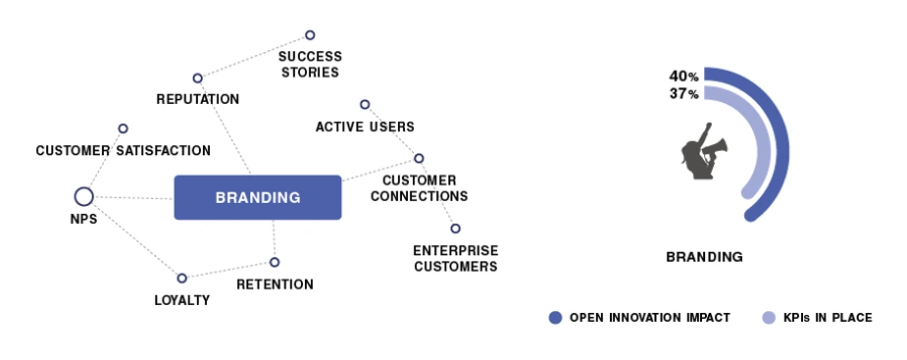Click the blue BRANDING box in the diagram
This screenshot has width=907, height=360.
pos(258,197)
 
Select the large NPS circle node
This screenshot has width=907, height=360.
pos(84,197)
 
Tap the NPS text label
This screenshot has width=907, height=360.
pos(84,220)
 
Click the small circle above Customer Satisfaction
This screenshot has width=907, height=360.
pos(123,129)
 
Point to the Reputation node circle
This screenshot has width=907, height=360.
pos(197,78)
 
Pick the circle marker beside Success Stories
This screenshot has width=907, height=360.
pos(310,35)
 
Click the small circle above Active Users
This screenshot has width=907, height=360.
pos(365,105)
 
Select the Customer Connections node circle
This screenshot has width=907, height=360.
pos(419,158)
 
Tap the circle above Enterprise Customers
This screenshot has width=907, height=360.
pos(455,229)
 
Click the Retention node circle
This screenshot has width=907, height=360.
pos(275,262)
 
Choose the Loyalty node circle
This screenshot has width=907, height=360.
pos(181,279)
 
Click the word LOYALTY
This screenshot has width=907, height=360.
pos(181,300)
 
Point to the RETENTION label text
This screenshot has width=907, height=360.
pos(275,284)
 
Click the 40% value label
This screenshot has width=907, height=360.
pos(683,77)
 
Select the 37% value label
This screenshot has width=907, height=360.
pos(683,93)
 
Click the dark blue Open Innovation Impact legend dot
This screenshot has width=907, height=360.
pos(555,317)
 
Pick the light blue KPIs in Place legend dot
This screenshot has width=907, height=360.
pos(769,317)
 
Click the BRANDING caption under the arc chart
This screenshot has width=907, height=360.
pos(704,257)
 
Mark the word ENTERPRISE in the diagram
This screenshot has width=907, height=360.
pos(455,250)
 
